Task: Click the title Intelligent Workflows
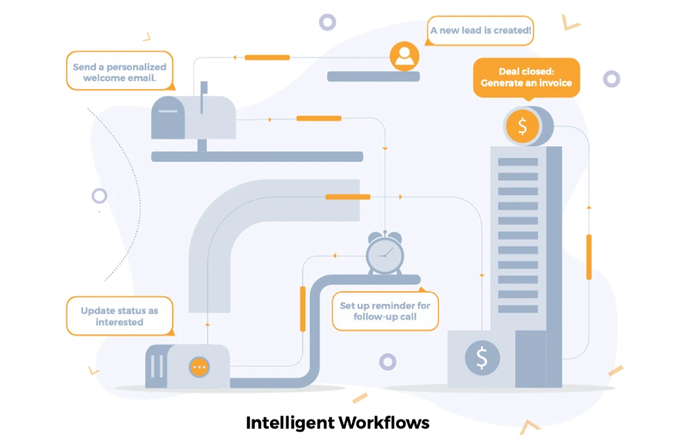pyautogui.click(x=338, y=422)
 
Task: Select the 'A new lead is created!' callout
pyautogui.click(x=479, y=31)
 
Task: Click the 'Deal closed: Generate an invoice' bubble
pyautogui.click(x=526, y=77)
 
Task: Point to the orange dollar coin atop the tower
pyautogui.click(x=523, y=126)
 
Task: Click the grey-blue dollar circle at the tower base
pyautogui.click(x=481, y=358)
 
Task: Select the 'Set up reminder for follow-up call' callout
pyautogui.click(x=385, y=311)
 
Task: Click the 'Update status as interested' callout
pyautogui.click(x=120, y=316)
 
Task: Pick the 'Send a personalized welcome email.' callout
pyautogui.click(x=120, y=72)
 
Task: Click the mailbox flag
pyautogui.click(x=204, y=88)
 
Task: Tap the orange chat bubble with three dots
pyautogui.click(x=199, y=366)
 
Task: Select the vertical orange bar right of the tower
pyautogui.click(x=589, y=257)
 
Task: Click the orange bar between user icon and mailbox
pyautogui.click(x=267, y=57)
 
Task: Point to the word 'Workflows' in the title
pyautogui.click(x=384, y=422)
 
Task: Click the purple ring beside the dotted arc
pyautogui.click(x=100, y=196)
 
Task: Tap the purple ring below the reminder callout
pyautogui.click(x=388, y=362)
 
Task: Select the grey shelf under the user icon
pyautogui.click(x=373, y=76)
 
